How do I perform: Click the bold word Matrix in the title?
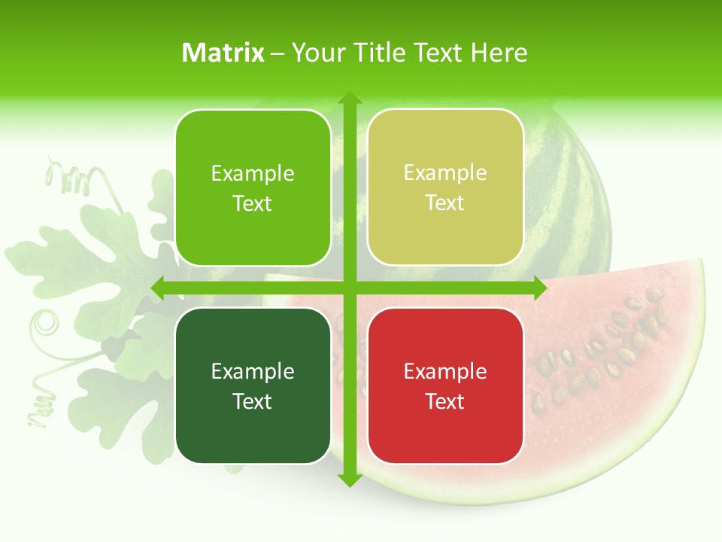pyautogui.click(x=223, y=53)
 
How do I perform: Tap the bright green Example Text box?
pyautogui.click(x=253, y=187)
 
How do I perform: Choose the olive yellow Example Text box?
pyautogui.click(x=445, y=187)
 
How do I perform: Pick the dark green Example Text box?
pyautogui.click(x=253, y=385)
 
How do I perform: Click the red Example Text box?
pyautogui.click(x=445, y=385)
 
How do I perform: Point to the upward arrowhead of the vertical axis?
pyautogui.click(x=349, y=99)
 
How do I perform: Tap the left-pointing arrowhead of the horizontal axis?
pyautogui.click(x=159, y=288)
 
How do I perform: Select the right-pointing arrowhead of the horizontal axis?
pyautogui.click(x=539, y=288)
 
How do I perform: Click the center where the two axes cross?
pyautogui.click(x=349, y=288)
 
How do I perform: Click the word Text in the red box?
pyautogui.click(x=445, y=401)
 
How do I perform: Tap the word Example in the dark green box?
pyautogui.click(x=253, y=371)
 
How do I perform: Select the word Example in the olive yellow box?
pyautogui.click(x=445, y=173)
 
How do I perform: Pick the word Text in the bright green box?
pyautogui.click(x=253, y=203)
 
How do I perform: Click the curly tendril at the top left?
pyautogui.click(x=68, y=177)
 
